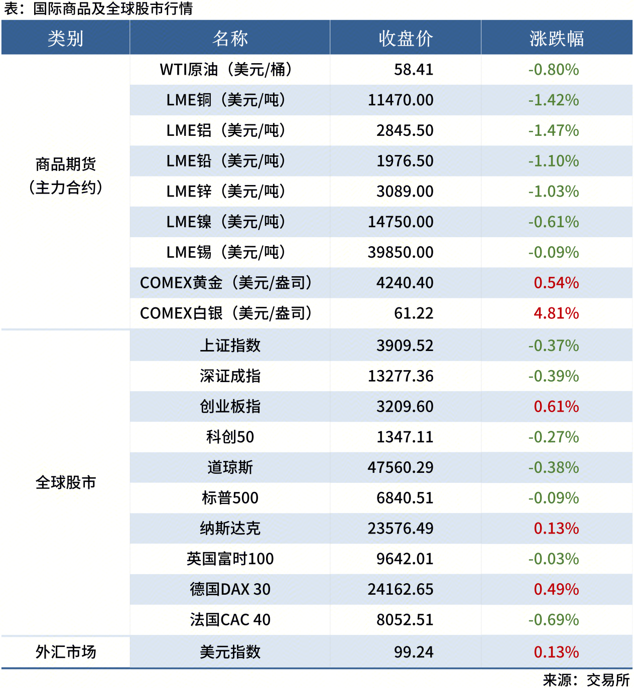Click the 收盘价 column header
pos(406,38)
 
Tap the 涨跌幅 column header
pos(556,38)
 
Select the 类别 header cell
pos(65,38)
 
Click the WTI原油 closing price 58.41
pos(413,70)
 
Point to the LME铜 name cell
pos(226,100)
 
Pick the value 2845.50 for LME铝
pos(405,131)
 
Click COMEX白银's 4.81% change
pos(556,313)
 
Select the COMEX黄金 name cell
pos(226,283)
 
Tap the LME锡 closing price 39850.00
pos(400,252)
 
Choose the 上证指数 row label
pos(230,346)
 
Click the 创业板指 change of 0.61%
pos(556,407)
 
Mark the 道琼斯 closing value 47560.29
pos(400,467)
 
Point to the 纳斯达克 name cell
pos(230,529)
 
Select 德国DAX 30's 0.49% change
pos(556,589)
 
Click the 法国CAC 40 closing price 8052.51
pos(405,620)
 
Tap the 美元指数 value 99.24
pos(413,652)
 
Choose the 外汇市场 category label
pos(65,652)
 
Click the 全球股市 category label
pos(65,482)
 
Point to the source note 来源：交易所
pos(586,680)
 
